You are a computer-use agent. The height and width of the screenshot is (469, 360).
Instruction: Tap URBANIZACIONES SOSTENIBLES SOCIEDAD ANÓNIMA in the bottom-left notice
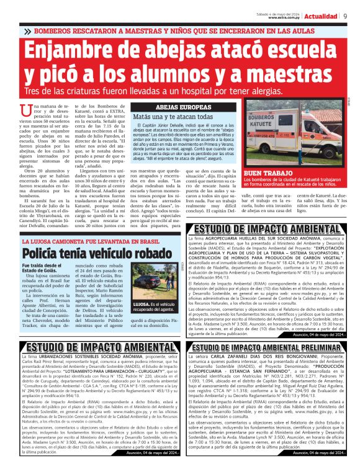[x=88, y=359]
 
